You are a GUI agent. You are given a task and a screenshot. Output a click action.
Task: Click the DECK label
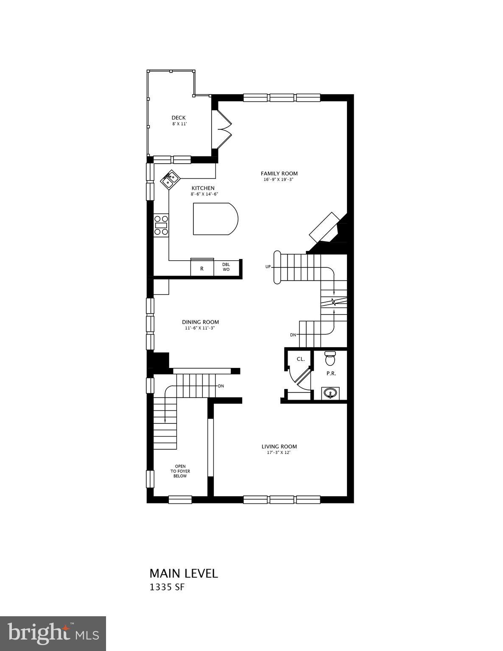(x=179, y=118)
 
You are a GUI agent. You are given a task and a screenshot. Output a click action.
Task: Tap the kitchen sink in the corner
(x=170, y=180)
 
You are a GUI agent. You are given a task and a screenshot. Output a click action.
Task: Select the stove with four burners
(x=161, y=225)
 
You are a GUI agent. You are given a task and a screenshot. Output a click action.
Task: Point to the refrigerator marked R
(x=202, y=268)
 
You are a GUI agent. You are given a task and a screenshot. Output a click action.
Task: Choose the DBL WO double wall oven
(x=226, y=267)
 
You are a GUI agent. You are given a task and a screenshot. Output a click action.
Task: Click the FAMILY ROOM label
(x=279, y=173)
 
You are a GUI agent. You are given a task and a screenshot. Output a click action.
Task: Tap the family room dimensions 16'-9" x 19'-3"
(x=278, y=180)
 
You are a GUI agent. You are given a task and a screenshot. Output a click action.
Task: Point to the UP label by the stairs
(x=268, y=267)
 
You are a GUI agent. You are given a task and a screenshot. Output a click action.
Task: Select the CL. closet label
(x=301, y=359)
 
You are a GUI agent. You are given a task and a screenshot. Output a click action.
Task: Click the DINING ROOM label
(x=201, y=322)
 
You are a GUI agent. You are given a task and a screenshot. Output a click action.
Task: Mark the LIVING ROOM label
(x=279, y=446)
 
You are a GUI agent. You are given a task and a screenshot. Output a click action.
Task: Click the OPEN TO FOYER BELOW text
(x=180, y=471)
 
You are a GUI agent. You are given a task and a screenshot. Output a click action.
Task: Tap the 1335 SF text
(x=167, y=587)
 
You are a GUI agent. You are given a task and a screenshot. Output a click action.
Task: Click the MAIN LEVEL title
(x=184, y=573)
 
